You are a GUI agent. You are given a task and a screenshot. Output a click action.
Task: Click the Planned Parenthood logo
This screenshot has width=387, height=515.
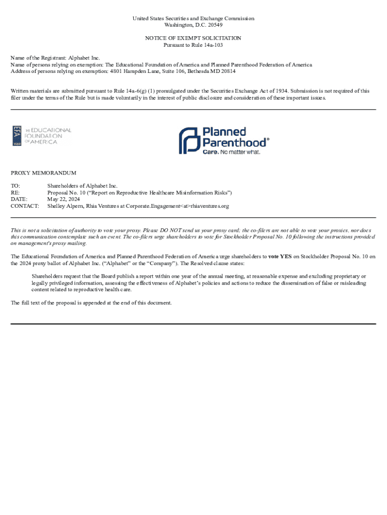pyautogui.click(x=224, y=140)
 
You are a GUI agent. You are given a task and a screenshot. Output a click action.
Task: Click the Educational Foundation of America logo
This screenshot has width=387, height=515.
pyautogui.click(x=42, y=136)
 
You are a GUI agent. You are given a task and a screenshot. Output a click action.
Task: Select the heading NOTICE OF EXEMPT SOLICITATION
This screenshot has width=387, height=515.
pyautogui.click(x=193, y=38)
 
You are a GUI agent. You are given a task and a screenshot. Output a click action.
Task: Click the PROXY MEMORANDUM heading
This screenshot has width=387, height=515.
pyautogui.click(x=43, y=173)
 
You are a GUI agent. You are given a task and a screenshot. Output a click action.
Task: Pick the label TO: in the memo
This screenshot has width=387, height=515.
pyautogui.click(x=16, y=186)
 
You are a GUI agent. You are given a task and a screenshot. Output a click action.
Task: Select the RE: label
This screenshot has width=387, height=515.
pyautogui.click(x=16, y=193)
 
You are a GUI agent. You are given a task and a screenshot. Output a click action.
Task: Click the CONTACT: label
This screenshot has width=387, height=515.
pyautogui.click(x=25, y=206)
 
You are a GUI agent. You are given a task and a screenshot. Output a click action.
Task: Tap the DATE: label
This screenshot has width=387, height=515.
pyautogui.click(x=19, y=199)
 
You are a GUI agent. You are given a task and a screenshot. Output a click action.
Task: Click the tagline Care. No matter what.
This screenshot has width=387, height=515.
pyautogui.click(x=231, y=152)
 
